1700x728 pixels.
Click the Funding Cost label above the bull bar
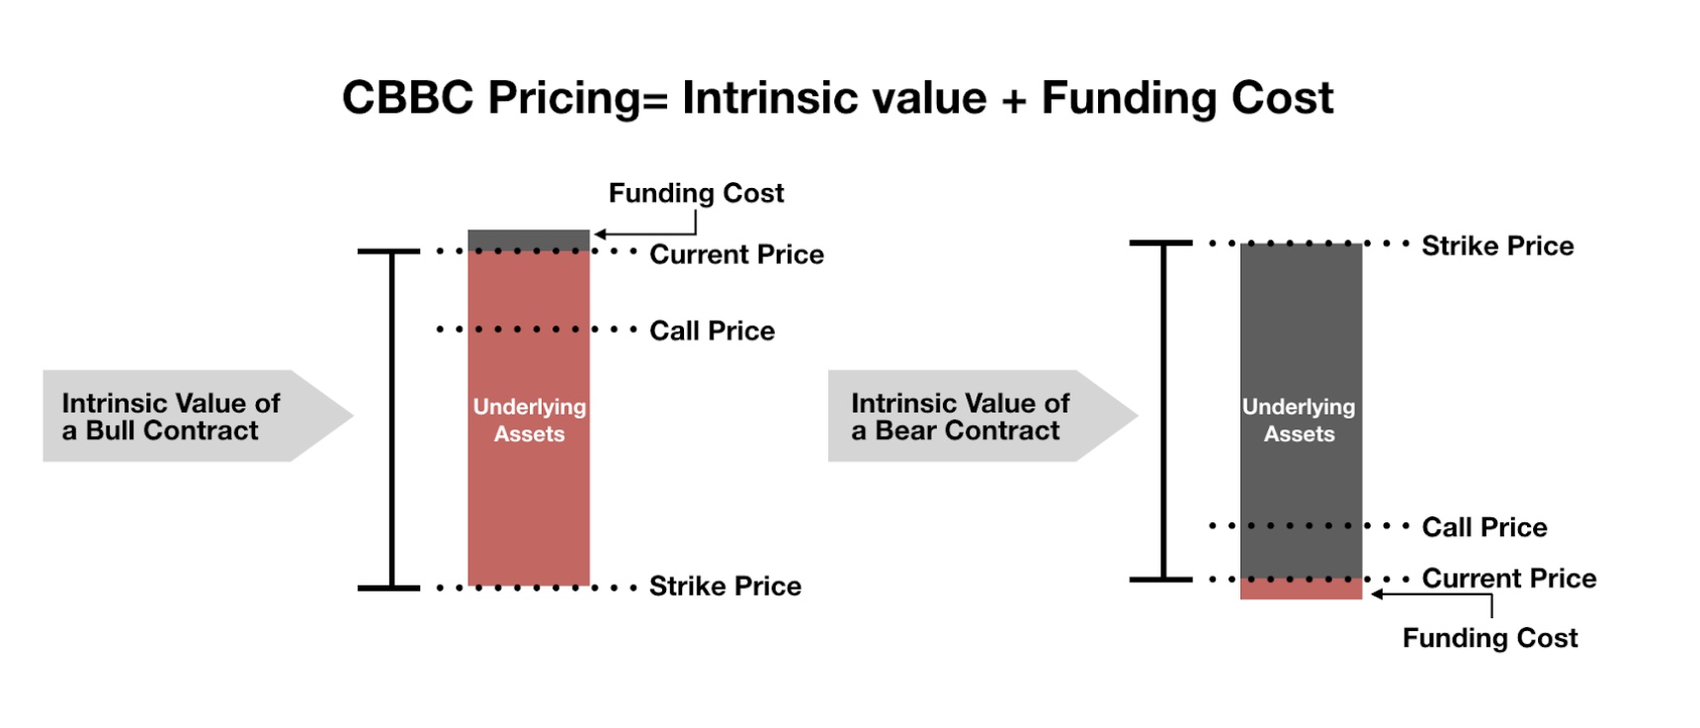(696, 193)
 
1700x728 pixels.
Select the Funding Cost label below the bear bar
(1489, 638)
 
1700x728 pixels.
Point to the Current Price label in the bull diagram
(736, 254)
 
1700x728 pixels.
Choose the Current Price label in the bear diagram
(1509, 578)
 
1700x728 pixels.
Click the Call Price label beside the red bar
(712, 330)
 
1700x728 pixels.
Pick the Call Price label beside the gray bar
(1485, 527)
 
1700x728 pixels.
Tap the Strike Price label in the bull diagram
(724, 587)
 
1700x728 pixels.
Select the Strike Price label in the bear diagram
(1497, 245)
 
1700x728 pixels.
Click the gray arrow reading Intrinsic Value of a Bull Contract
(197, 415)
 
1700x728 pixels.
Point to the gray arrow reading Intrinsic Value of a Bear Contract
(982, 415)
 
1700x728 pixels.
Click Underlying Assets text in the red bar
(529, 419)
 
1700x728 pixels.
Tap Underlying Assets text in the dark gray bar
(1299, 419)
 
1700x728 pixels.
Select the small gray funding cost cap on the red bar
(529, 240)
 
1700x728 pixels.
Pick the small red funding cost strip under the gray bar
(1301, 589)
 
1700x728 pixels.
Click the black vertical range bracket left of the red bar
(391, 419)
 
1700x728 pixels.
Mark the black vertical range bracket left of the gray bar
(1162, 410)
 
